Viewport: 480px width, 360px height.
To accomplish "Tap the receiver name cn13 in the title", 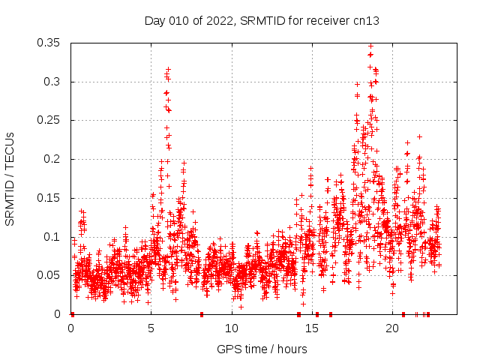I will (x=366, y=20).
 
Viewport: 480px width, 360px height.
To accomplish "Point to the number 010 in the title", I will (x=178, y=20).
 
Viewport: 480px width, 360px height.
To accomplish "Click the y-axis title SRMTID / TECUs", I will (x=10, y=178).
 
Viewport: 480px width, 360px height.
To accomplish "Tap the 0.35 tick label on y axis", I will (x=49, y=43).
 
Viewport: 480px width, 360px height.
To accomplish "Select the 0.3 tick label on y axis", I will (x=52, y=82).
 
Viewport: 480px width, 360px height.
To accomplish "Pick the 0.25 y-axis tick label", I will (x=49, y=120).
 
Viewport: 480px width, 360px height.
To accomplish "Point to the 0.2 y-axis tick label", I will (x=52, y=159).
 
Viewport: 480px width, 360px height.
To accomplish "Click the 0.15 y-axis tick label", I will (x=49, y=198).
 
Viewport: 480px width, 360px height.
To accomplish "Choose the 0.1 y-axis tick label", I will (x=52, y=237).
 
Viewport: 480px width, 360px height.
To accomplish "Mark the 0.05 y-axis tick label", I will (x=49, y=275).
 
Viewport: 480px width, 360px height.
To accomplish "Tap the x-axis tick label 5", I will (x=151, y=329).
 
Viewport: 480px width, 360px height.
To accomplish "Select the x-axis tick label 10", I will (x=232, y=329).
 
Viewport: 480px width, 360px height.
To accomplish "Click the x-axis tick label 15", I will (x=312, y=329).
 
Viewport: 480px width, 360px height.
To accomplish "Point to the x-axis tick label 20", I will (x=392, y=329).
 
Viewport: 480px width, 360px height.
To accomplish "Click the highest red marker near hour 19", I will (x=370, y=46).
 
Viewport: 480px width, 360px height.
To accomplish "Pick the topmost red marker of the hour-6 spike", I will (x=168, y=69).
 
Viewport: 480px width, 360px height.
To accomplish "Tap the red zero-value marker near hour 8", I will (x=202, y=314).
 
